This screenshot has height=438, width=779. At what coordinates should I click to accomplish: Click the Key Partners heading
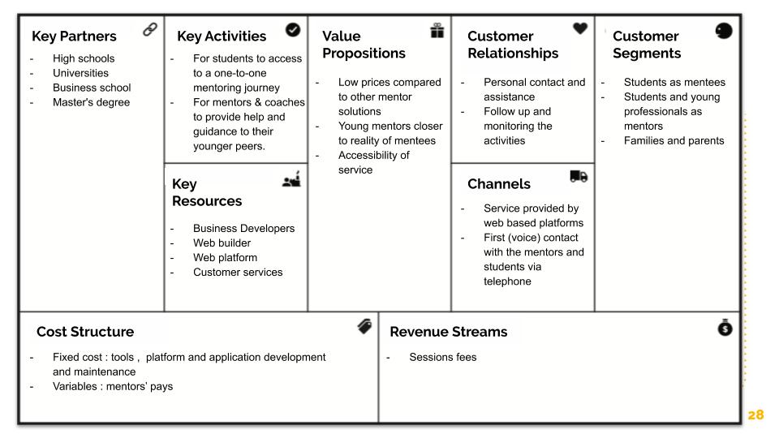coord(74,36)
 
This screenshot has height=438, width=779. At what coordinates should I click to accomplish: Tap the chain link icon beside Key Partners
coord(149,30)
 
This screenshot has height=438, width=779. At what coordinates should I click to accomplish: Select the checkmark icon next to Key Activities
coord(293,29)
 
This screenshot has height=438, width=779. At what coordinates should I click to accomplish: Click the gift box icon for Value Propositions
coord(437,30)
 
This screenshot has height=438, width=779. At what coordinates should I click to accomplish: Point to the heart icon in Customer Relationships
coord(580,28)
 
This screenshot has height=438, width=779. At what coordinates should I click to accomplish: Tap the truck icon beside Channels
coord(579,176)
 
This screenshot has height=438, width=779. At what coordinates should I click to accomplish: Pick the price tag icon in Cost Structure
coord(365,326)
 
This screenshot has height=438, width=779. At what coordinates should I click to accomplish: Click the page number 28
coord(755,414)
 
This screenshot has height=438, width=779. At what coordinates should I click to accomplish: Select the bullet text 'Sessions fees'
coord(442,357)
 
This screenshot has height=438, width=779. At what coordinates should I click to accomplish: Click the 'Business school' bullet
coord(92,88)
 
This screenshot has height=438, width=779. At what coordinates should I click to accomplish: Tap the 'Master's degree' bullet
coord(91,102)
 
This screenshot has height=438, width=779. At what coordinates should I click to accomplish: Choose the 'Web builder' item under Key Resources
coord(222,243)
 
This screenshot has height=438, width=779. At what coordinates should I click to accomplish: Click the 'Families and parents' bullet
coord(674,141)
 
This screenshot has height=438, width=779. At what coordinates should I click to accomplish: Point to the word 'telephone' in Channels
coord(507,281)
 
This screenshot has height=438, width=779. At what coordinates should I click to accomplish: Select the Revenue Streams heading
coord(448,332)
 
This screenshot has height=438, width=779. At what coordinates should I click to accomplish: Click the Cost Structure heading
coord(85,332)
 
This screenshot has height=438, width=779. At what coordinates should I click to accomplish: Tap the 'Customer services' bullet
coord(238,273)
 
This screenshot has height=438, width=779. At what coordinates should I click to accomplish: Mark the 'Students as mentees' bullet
coord(674,83)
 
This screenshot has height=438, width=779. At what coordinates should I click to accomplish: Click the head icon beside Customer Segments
coord(724,31)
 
